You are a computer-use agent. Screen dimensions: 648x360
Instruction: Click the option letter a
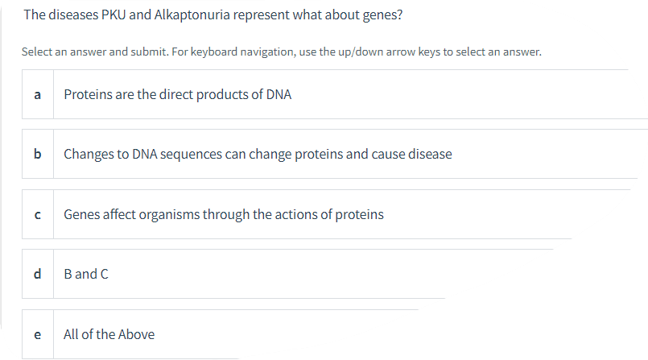tap(37, 95)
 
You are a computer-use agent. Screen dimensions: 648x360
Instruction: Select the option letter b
tap(37, 154)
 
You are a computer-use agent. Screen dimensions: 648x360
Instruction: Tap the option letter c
tap(37, 215)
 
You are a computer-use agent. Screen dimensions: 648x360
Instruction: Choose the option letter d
tap(37, 274)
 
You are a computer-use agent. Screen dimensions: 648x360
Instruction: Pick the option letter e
tap(37, 334)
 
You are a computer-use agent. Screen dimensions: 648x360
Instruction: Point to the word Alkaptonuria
tap(192, 15)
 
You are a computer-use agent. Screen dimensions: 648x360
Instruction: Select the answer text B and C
tap(86, 274)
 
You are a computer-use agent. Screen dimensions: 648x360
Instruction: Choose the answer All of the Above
tap(109, 334)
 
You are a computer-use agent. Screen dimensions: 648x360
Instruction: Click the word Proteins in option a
tap(88, 95)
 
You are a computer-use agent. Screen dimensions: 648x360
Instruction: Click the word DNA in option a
tap(279, 95)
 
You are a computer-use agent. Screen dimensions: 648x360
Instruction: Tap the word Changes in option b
tap(88, 155)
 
